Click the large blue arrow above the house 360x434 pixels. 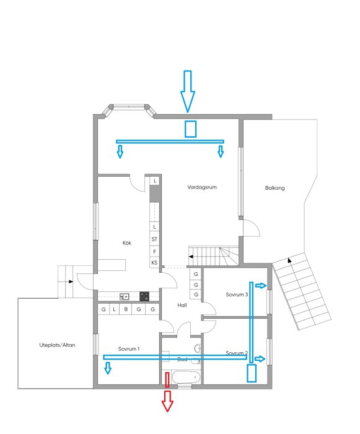188,91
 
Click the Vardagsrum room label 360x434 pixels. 203,186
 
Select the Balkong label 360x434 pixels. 274,188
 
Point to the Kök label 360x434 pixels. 127,243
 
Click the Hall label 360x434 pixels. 182,305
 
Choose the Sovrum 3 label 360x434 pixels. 237,295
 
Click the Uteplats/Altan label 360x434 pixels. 53,345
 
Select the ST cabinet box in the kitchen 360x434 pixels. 154,239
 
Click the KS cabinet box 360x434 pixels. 154,263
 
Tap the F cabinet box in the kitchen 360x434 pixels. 154,251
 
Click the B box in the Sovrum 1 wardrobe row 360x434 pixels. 126,309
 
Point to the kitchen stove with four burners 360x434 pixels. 144,296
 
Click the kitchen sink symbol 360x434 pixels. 125,296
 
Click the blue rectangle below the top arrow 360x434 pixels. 191,128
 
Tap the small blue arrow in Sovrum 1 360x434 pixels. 108,368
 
